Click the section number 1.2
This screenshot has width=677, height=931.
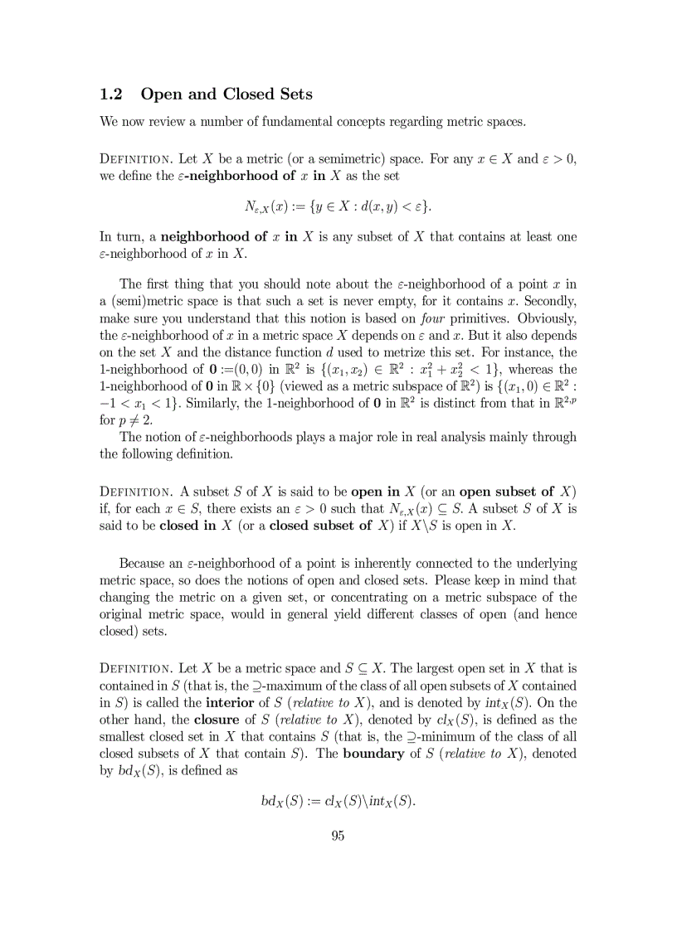tap(113, 94)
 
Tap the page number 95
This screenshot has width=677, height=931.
tap(338, 836)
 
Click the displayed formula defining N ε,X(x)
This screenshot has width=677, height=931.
tap(338, 205)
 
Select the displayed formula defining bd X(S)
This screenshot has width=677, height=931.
tap(338, 803)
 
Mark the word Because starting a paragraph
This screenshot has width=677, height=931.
tap(146, 564)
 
